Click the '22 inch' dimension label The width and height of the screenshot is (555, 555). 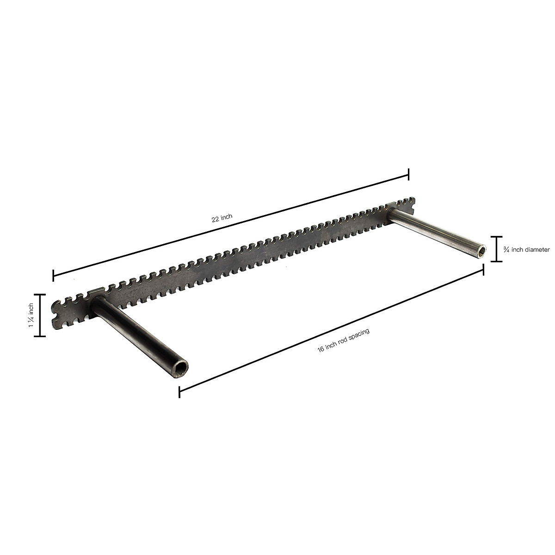[222, 219]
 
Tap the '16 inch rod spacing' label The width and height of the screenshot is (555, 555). [344, 341]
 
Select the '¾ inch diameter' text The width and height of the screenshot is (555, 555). [526, 250]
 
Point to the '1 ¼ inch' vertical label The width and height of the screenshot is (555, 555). [31, 315]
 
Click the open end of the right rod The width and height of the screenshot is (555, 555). [482, 251]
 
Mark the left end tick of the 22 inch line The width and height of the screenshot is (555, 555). [54, 276]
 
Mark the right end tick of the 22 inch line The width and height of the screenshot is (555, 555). [408, 174]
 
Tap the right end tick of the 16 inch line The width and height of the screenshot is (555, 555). [483, 269]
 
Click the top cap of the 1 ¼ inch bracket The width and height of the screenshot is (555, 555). [40, 295]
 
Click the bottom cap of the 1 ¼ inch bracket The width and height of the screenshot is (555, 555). [40, 336]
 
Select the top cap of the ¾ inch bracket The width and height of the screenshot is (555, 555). [496, 237]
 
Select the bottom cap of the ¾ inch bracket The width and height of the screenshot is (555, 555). [496, 262]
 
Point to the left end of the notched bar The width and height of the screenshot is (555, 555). [55, 314]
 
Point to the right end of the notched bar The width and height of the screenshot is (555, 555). [413, 206]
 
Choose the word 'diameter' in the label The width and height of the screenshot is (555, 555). [537, 250]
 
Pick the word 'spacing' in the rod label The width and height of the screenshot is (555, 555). [359, 335]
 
